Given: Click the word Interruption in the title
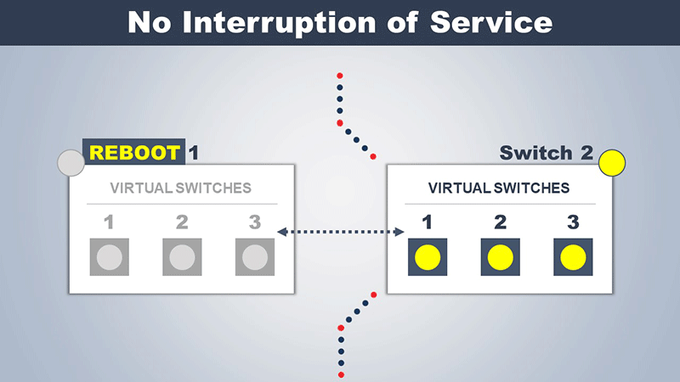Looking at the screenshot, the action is (x=280, y=23).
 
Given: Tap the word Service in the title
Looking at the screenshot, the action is (x=491, y=23).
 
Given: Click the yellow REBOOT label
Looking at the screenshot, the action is (x=134, y=153).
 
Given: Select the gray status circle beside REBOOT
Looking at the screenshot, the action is (x=71, y=163).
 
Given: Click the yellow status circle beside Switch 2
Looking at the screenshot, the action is (x=612, y=163).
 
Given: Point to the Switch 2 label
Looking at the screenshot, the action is (x=547, y=153).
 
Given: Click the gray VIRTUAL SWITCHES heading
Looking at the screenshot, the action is (x=180, y=188).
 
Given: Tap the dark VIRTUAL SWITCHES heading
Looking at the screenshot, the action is (x=499, y=188).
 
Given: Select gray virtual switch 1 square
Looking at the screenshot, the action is (x=110, y=257).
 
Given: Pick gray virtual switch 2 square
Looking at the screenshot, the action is (x=182, y=257).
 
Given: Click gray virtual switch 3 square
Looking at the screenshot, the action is (x=255, y=257).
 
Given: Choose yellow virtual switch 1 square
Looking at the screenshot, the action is (x=428, y=257).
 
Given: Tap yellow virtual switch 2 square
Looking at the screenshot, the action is (x=501, y=257).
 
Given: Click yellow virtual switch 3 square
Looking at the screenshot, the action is (x=573, y=257).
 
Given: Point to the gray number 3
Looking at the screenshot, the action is (x=255, y=222).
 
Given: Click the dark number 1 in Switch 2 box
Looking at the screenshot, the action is (x=428, y=222).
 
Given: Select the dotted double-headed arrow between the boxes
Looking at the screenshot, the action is (x=341, y=232).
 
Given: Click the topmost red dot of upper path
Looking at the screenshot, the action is (x=339, y=76).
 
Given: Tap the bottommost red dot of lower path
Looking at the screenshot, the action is (x=341, y=374).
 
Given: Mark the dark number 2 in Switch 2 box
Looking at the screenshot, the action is (x=501, y=222).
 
